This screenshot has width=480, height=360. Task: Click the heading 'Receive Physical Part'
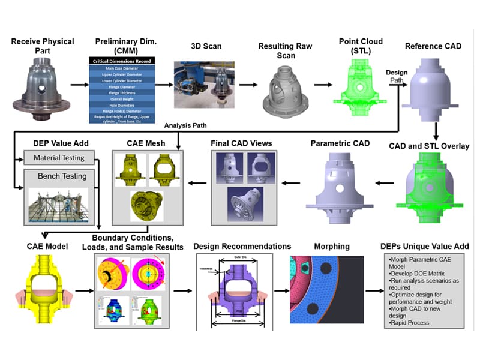[42, 46]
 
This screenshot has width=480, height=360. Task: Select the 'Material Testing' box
[59, 158]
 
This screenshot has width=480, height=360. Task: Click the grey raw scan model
[282, 91]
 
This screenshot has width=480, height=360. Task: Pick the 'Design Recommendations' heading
[242, 247]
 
